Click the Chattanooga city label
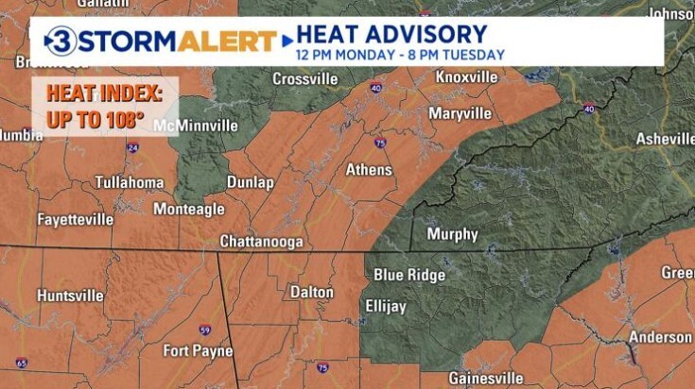coord(261,242)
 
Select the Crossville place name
coord(304,79)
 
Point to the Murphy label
coord(452,234)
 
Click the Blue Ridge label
coord(408,275)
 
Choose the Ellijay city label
coord(386,306)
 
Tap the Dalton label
coord(311,292)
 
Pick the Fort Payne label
coord(198,350)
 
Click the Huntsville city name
coord(70,296)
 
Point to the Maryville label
coord(460,113)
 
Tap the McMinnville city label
coord(197,125)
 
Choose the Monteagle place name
coord(188,209)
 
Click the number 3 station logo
coord(61,42)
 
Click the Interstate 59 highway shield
coord(205,330)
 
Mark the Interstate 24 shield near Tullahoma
coord(132,148)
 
